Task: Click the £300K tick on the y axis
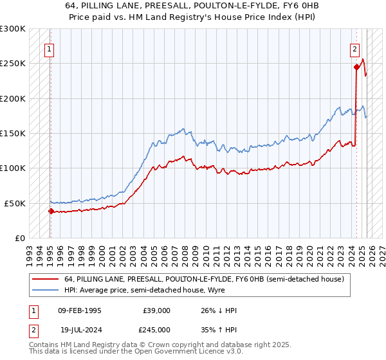click(x=13, y=29)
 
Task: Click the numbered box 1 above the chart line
click(x=50, y=48)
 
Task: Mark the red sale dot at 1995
click(x=51, y=211)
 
